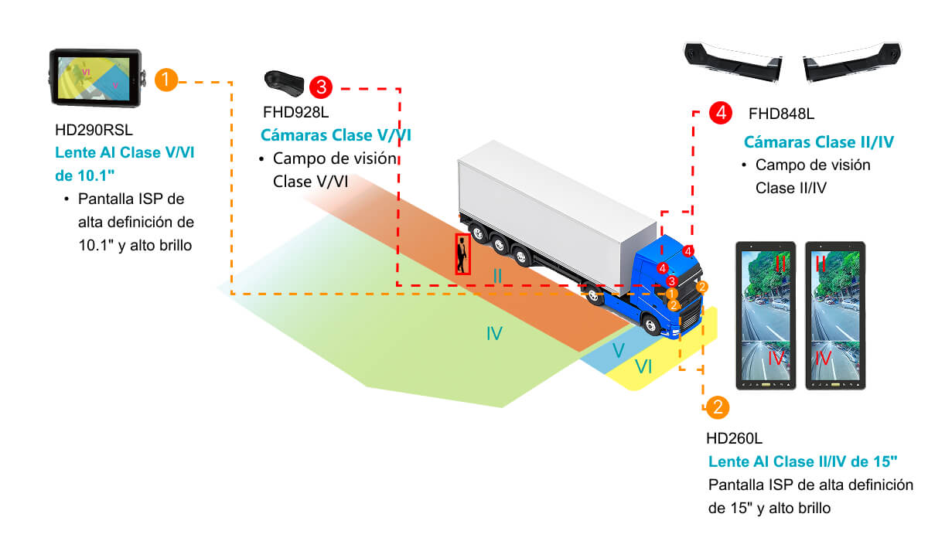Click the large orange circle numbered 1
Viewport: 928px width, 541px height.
[x=166, y=80]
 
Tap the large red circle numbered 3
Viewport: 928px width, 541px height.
[x=320, y=87]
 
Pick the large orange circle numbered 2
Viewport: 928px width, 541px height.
[x=717, y=407]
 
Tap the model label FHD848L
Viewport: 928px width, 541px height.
[x=781, y=114]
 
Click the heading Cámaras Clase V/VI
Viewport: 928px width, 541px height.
[x=336, y=136]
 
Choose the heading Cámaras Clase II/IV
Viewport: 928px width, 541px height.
[x=819, y=142]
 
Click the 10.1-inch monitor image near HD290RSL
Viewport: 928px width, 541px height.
[x=95, y=78]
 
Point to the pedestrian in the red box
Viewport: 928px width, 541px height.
[x=462, y=253]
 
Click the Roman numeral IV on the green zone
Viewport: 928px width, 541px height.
[x=494, y=334]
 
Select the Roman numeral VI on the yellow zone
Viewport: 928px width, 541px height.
[x=643, y=367]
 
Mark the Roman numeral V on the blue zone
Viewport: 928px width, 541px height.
[x=618, y=350]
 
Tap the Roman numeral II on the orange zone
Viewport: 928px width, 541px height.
[x=497, y=275]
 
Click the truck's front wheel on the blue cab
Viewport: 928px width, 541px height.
[x=652, y=325]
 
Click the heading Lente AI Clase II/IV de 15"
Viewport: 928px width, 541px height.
[x=803, y=462]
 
